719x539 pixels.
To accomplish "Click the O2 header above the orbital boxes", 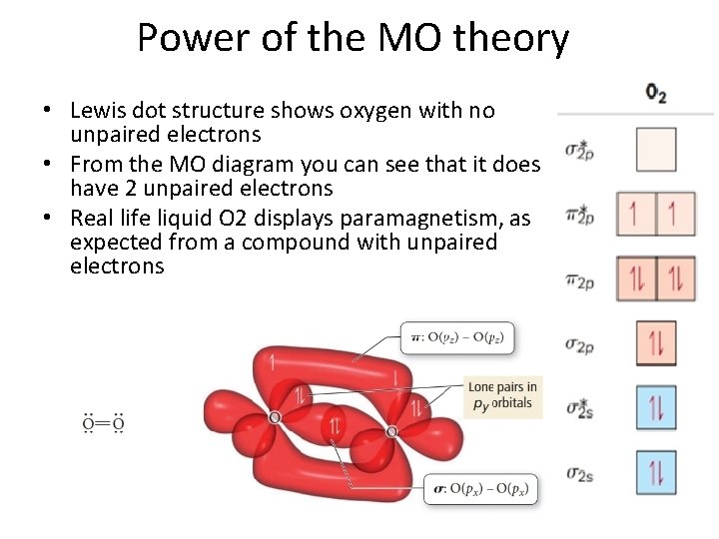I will tap(655, 94).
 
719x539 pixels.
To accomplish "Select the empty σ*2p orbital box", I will tap(656, 150).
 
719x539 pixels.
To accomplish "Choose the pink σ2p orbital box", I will tap(656, 344).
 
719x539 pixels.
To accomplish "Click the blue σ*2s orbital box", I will tap(656, 408).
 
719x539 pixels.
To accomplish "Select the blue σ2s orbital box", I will tap(656, 473).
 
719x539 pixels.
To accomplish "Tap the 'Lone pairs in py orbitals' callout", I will tap(502, 395).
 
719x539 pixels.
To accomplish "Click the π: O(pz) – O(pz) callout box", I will tap(457, 337).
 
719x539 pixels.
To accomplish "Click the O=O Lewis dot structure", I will tap(103, 424).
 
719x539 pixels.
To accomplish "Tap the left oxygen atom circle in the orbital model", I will tap(275, 416).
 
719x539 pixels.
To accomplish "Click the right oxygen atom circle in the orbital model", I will tap(391, 431).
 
